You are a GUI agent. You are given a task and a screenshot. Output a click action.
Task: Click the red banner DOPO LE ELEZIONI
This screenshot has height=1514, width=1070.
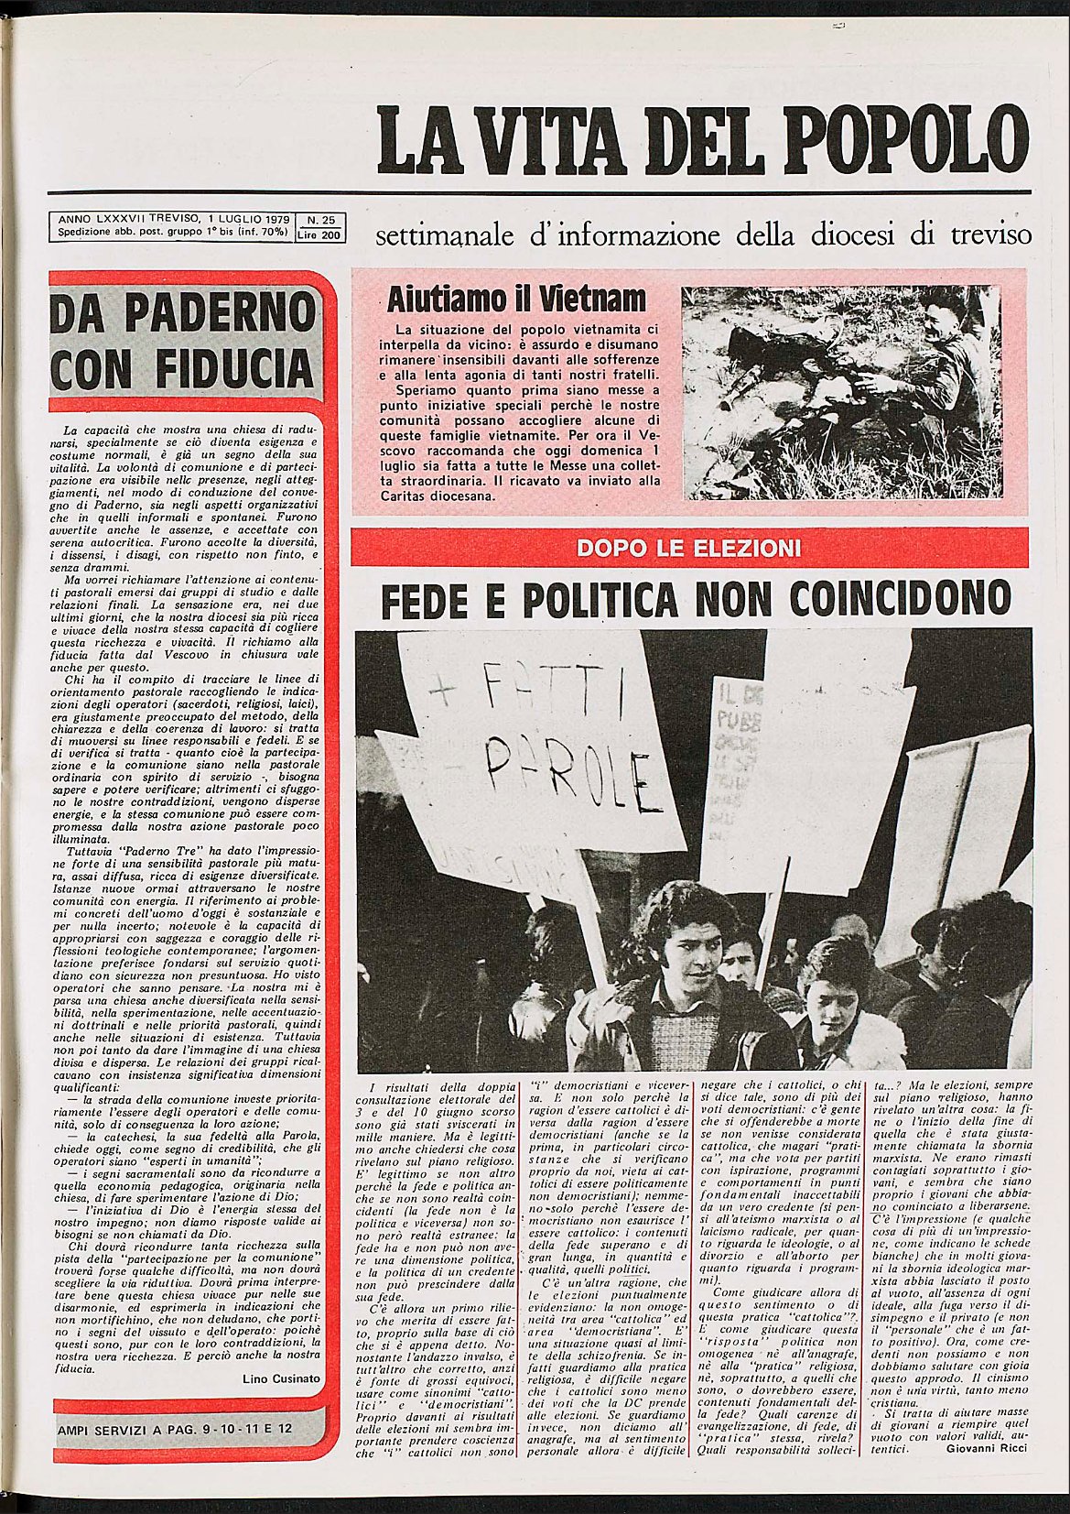pos(688,548)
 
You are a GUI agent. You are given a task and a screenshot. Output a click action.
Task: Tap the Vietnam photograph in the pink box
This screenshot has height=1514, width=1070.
pos(840,393)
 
